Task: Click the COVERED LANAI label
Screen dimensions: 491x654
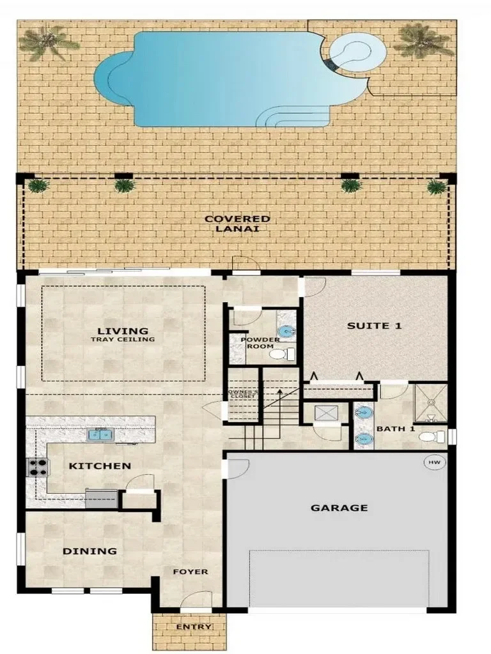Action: click(x=237, y=224)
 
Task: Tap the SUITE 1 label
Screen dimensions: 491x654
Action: click(x=374, y=326)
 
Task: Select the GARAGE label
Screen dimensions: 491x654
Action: click(x=339, y=508)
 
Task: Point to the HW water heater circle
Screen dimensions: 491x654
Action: click(x=435, y=462)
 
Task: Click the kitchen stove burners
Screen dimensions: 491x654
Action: click(x=38, y=467)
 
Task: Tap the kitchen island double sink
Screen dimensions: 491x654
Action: click(x=100, y=435)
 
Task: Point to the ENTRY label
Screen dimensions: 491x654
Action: click(x=193, y=627)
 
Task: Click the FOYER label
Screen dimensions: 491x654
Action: click(x=191, y=572)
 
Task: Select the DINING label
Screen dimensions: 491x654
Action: click(x=90, y=551)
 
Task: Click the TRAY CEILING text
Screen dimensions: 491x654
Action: click(x=123, y=340)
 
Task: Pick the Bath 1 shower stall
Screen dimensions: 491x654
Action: click(x=430, y=402)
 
